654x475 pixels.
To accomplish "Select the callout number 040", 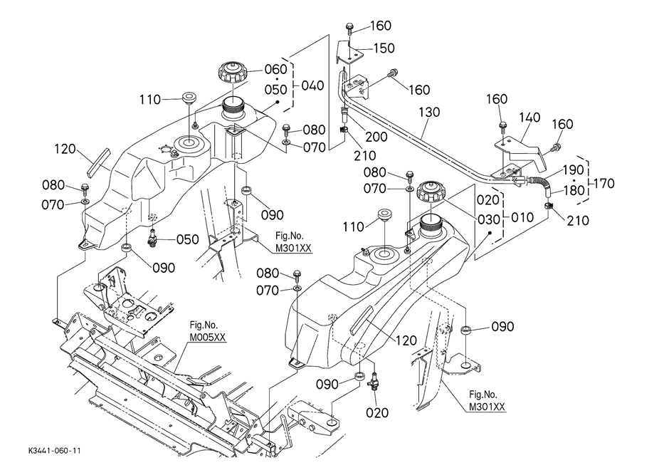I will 313,85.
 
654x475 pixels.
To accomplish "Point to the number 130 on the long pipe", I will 431,112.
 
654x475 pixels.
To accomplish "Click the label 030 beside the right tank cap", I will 486,219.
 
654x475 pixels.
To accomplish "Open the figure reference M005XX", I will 207,338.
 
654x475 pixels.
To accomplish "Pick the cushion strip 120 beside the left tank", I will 95,162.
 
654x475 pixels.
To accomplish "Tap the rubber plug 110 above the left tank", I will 189,98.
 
